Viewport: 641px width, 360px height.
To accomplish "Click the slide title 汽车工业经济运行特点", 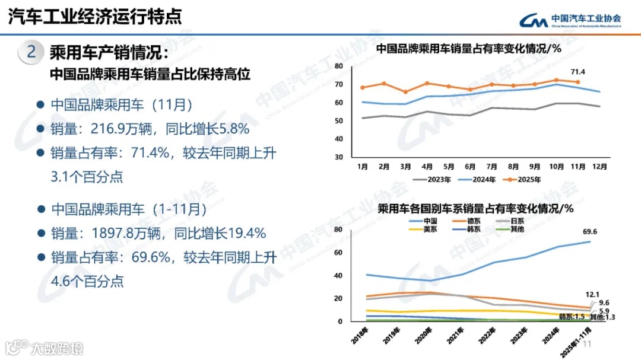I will pos(95,16).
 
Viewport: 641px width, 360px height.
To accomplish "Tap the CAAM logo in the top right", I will pos(570,20).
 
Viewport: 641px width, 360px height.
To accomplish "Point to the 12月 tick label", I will pos(600,167).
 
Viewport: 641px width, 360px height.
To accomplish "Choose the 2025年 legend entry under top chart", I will pos(521,180).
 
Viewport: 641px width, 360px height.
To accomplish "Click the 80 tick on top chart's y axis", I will pos(339,66).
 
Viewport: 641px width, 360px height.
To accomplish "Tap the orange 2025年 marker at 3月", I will pos(405,92).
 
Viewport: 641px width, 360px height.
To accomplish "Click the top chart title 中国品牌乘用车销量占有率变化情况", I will pos(469,49).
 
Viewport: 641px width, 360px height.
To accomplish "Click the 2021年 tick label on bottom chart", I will pos(454,335).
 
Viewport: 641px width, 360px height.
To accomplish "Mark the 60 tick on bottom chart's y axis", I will pos(338,252).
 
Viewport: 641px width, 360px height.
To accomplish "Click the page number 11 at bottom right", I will pos(589,345).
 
